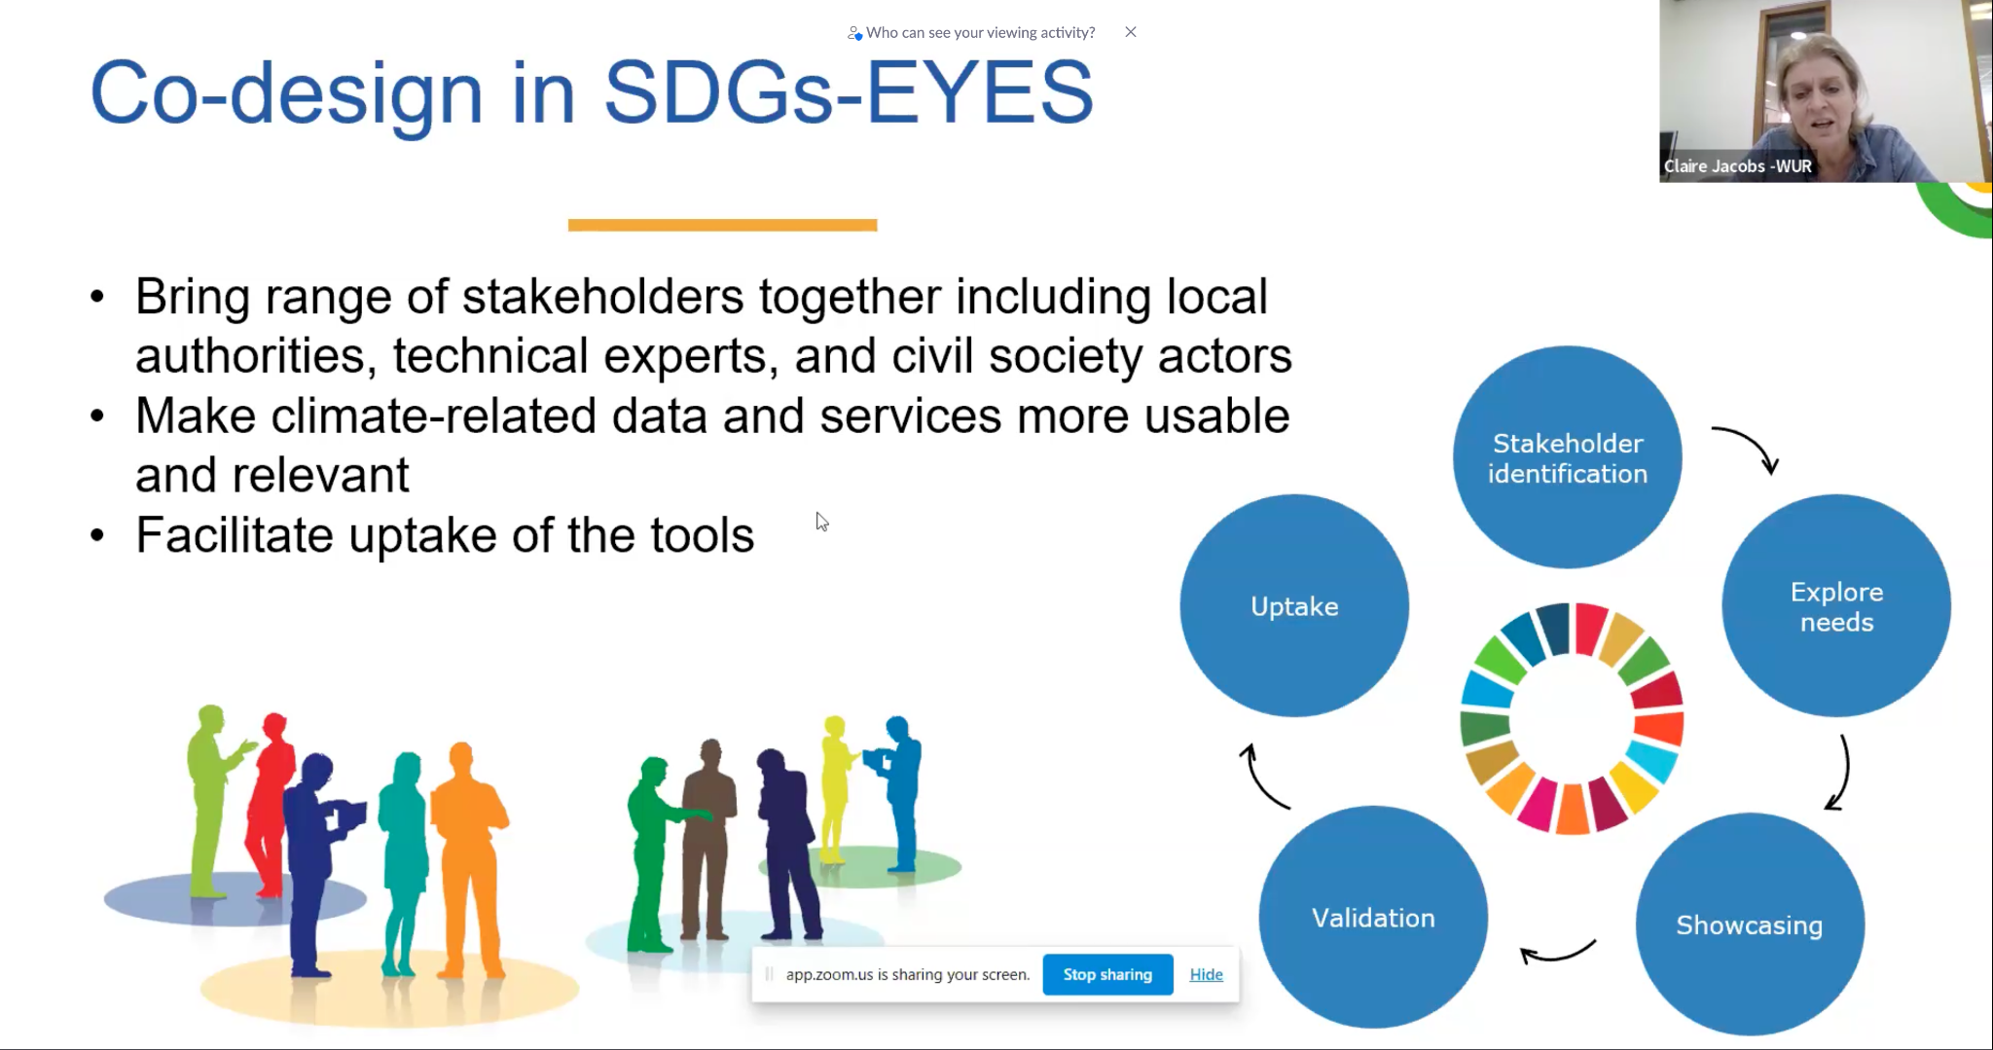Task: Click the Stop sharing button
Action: [1107, 974]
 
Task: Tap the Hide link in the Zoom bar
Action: [1206, 974]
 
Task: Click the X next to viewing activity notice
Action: [1131, 32]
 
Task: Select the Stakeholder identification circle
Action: [1568, 457]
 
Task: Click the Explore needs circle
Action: [1836, 606]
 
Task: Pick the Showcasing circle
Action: [1750, 924]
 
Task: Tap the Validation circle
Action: [1373, 918]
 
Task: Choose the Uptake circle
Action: [1294, 606]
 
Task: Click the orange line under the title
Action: [722, 225]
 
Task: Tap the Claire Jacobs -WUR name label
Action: [1737, 166]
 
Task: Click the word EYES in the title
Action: [980, 93]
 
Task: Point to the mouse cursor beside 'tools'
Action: [821, 522]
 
